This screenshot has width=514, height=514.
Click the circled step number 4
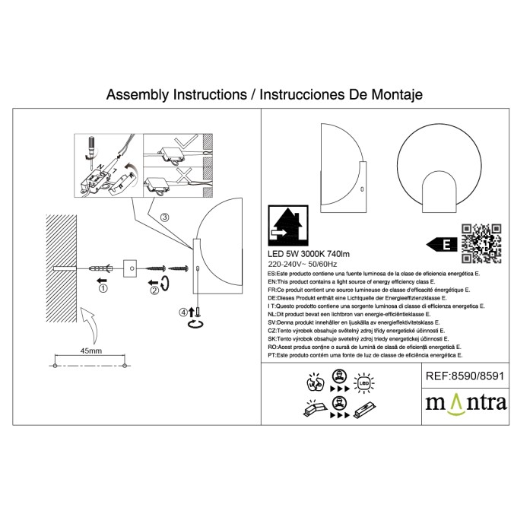[x=182, y=312]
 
